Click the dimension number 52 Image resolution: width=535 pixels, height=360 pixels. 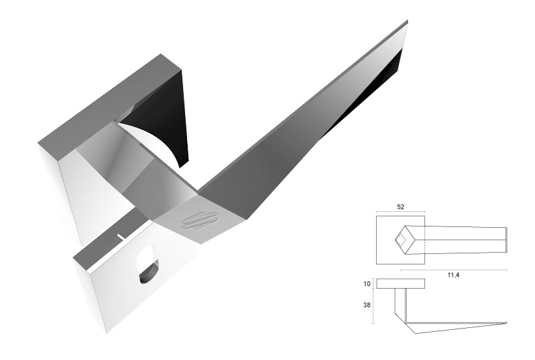pyautogui.click(x=401, y=207)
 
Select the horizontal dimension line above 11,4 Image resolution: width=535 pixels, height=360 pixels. pyautogui.click(x=453, y=270)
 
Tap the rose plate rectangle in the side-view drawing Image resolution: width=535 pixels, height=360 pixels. pyautogui.click(x=400, y=283)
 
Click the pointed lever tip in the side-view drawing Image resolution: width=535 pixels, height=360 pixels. pyautogui.click(x=505, y=323)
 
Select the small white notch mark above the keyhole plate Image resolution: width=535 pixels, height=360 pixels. pyautogui.click(x=120, y=236)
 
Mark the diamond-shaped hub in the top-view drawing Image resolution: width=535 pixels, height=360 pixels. pyautogui.click(x=404, y=240)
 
